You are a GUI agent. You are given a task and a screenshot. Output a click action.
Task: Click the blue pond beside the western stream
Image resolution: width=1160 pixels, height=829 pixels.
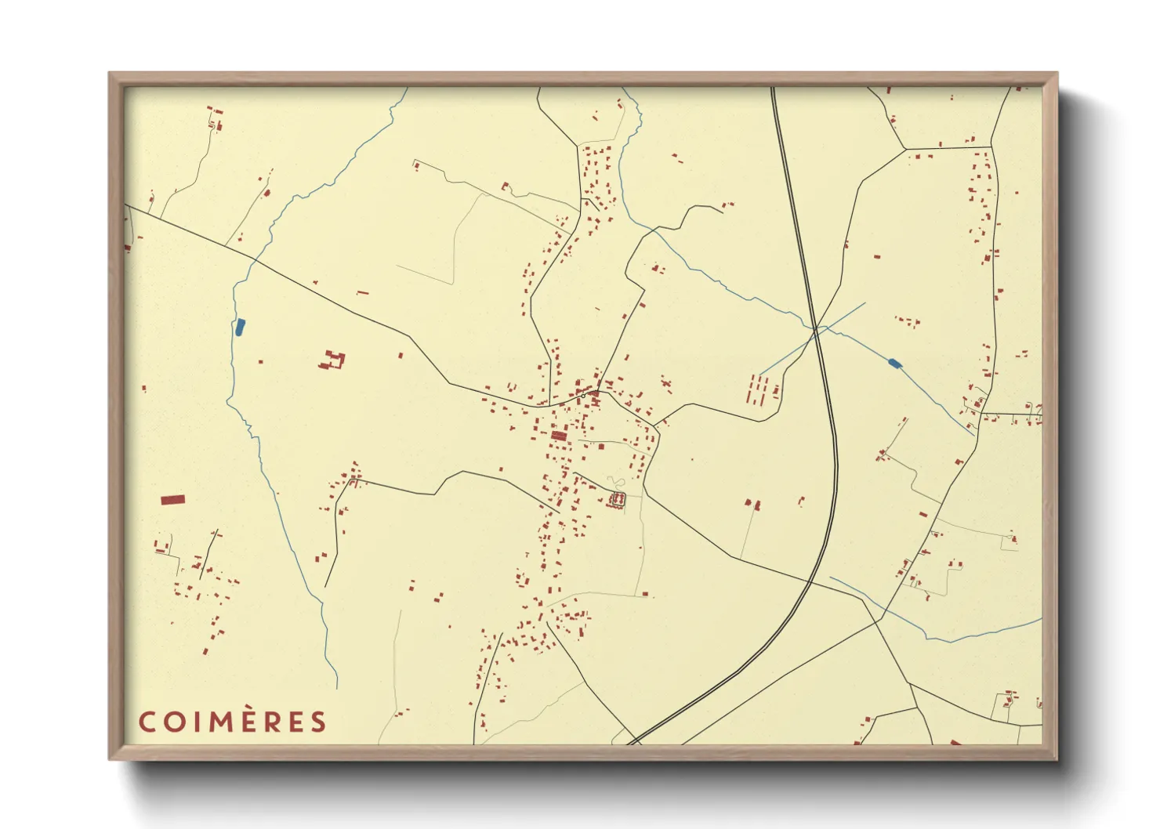point(240,328)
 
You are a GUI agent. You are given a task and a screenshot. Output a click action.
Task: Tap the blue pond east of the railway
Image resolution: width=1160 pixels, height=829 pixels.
point(894,363)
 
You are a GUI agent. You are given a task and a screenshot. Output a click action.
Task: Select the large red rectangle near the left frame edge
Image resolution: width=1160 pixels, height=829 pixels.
point(172,499)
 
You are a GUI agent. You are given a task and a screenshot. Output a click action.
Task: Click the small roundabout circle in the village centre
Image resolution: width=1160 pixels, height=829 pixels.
point(583,396)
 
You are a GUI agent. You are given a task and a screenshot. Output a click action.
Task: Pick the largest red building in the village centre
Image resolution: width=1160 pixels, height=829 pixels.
point(559,436)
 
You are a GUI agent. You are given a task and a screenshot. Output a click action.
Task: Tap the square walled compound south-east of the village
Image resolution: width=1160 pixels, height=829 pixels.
point(618,499)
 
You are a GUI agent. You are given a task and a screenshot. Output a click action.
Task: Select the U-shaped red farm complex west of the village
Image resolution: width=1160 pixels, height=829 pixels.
point(333,361)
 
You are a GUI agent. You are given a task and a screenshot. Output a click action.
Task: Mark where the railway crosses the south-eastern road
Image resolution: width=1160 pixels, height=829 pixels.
point(810,580)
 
